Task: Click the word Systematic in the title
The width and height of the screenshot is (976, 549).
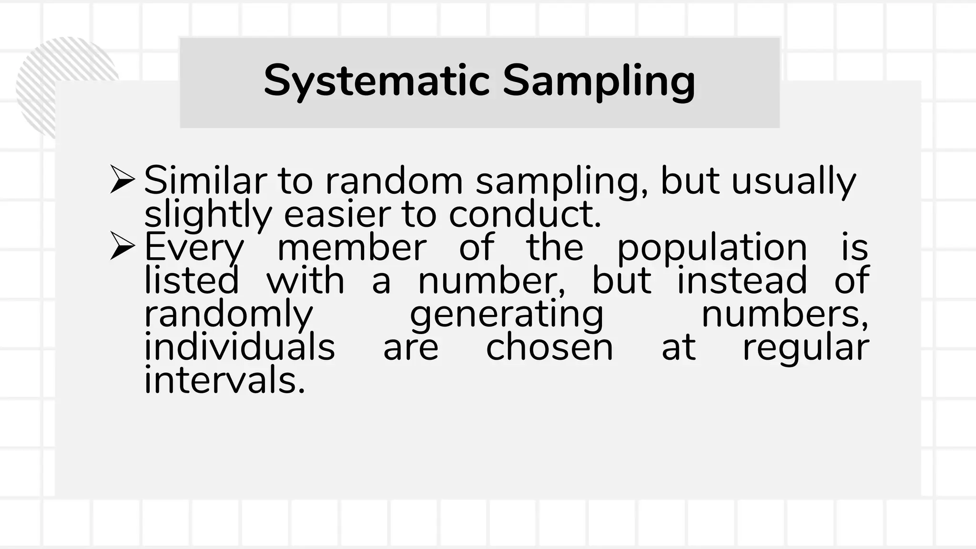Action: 376,81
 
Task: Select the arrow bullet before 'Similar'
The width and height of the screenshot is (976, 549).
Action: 122,179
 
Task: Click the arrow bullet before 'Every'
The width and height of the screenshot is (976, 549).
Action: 122,246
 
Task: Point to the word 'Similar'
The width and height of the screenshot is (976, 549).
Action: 205,181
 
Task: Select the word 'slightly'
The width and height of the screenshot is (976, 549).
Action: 207,215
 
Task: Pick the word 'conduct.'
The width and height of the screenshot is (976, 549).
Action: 525,214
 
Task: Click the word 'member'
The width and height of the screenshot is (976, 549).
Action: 352,247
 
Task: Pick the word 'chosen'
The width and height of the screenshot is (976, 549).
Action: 549,347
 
